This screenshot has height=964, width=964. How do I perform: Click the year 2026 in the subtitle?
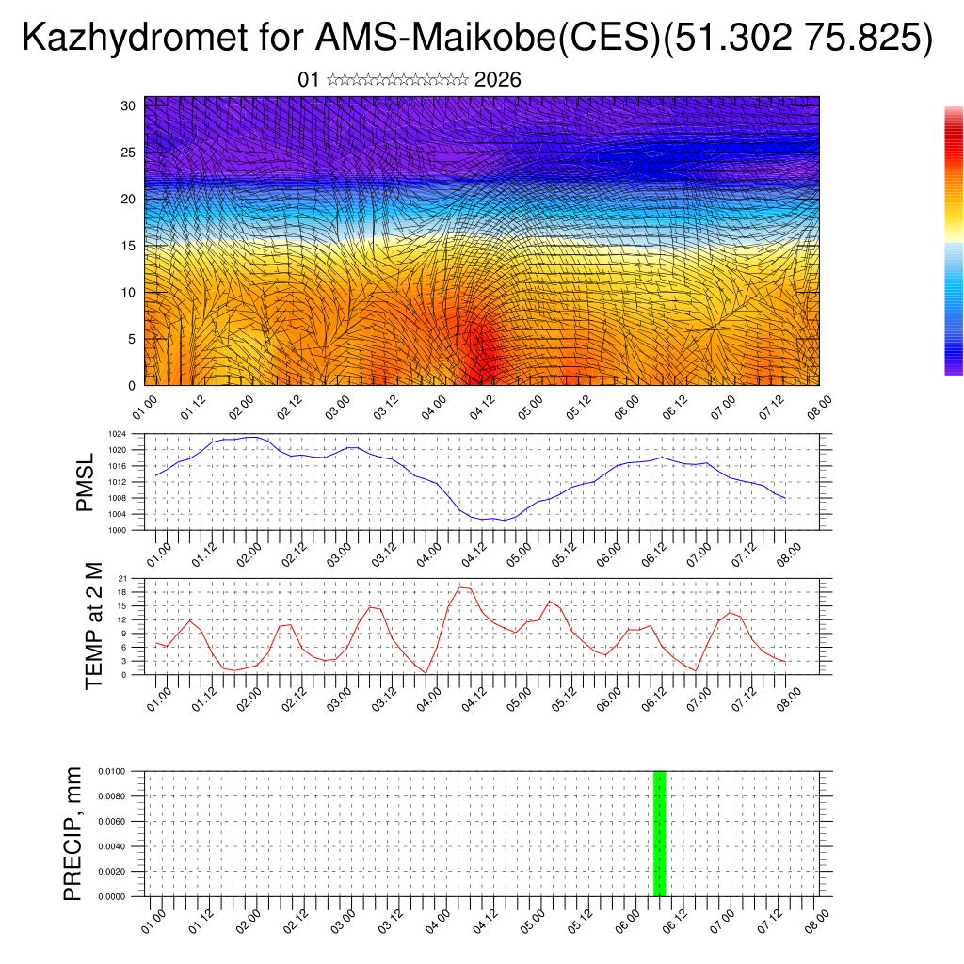tap(498, 80)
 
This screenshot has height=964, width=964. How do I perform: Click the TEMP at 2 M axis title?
tap(94, 625)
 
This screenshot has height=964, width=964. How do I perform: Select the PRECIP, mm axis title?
tap(73, 833)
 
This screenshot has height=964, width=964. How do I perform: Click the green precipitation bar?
tap(659, 833)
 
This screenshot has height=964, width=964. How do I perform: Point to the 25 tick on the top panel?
tap(129, 153)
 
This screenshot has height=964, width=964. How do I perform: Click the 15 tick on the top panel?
tap(129, 246)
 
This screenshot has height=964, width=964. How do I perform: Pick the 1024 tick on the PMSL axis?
tap(117, 434)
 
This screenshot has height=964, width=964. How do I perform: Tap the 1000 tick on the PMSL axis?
tap(117, 530)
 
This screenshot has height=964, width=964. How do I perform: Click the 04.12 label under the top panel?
tap(481, 407)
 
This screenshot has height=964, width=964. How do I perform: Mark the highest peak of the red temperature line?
tap(460, 586)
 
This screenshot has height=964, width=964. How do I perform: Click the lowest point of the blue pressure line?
tap(505, 520)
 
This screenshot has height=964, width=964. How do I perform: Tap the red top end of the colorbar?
tap(954, 113)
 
